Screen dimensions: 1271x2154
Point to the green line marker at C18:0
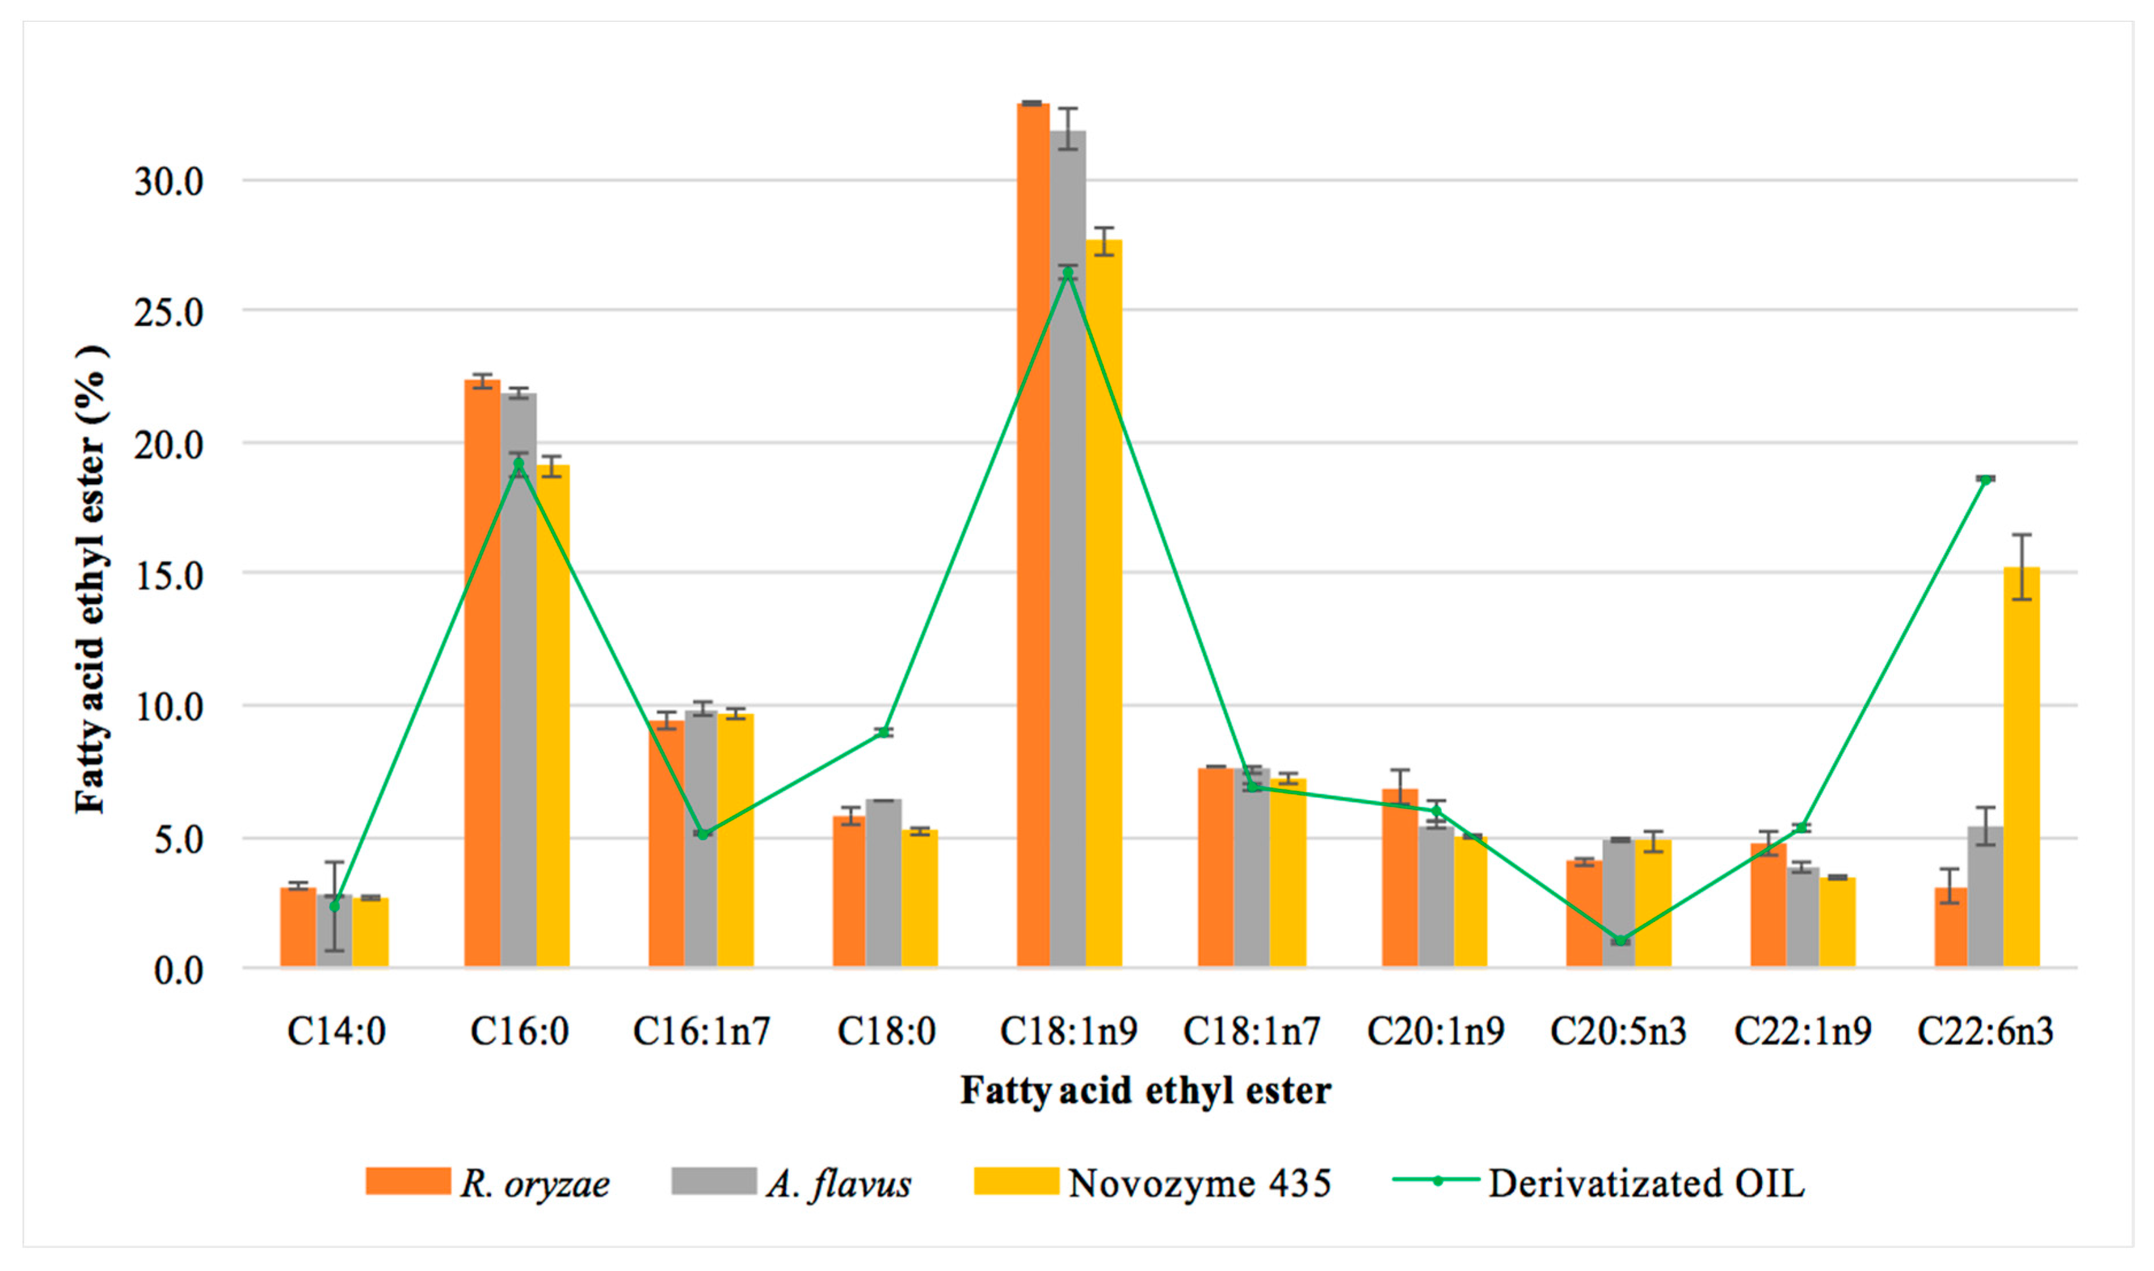click(x=884, y=732)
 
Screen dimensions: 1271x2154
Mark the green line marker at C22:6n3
click(x=1985, y=479)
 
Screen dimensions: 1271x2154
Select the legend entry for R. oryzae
click(x=488, y=1183)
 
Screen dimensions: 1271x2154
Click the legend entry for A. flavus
click(x=792, y=1183)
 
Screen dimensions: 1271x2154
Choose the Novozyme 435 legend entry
click(x=1152, y=1183)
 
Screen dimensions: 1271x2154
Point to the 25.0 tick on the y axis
click(x=169, y=313)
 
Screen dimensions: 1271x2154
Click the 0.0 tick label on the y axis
click(x=178, y=970)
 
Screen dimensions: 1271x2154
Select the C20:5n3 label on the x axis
click(x=1618, y=1031)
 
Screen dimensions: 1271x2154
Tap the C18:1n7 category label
click(x=1251, y=1031)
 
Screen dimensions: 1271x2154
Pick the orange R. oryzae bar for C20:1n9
click(x=1399, y=878)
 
